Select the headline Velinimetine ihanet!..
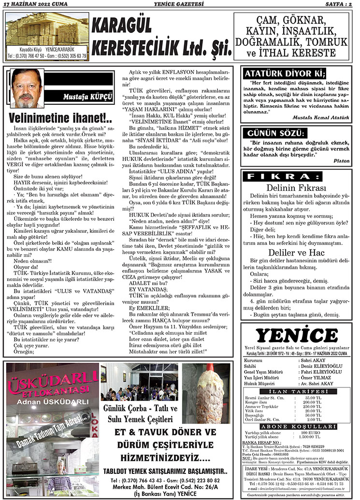[x=60, y=118]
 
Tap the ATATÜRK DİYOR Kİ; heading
[x=285, y=74]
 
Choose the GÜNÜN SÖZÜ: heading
[x=276, y=133]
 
